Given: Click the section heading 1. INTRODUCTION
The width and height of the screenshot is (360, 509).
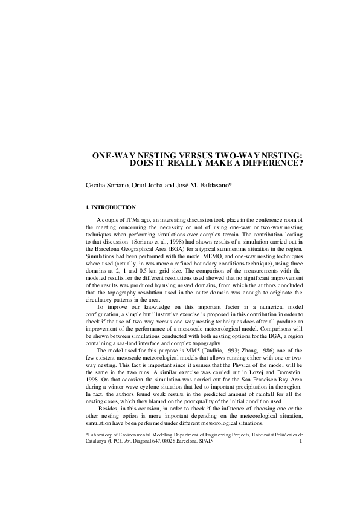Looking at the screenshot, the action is [111, 208].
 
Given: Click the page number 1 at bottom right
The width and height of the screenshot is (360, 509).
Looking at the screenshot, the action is [301, 441].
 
